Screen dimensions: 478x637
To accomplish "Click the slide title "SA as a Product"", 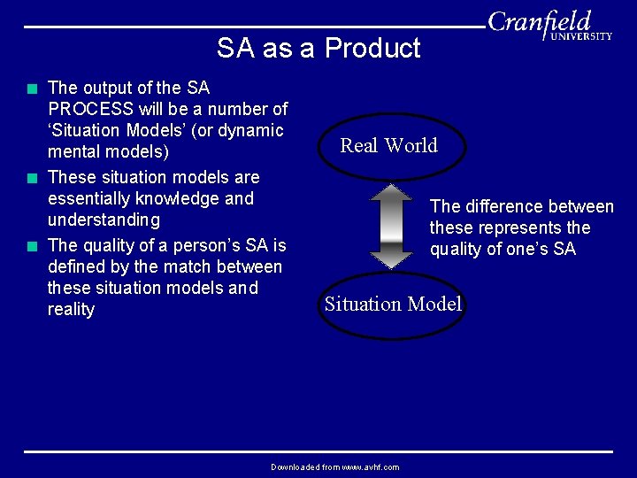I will (318, 48).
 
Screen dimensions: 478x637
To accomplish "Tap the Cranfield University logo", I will (549, 25).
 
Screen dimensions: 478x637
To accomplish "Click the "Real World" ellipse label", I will (389, 146).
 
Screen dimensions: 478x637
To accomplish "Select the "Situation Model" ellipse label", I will (393, 305).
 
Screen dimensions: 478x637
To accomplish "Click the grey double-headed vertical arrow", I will (391, 226).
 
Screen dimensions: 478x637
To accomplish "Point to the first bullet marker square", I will (32, 89).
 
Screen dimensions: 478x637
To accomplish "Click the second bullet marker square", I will (32, 178).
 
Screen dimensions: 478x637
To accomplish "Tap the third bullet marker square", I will (32, 246).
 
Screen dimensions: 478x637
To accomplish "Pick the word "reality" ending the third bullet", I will (71, 310).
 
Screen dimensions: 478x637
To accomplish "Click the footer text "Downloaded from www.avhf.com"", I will (334, 466).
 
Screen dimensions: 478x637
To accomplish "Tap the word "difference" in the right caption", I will (504, 207).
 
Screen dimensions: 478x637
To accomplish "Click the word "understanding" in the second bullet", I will (104, 220).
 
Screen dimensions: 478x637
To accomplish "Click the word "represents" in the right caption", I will (518, 228).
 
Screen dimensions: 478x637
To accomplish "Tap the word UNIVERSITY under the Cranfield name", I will (581, 36).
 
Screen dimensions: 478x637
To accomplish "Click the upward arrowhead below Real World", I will (391, 191).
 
